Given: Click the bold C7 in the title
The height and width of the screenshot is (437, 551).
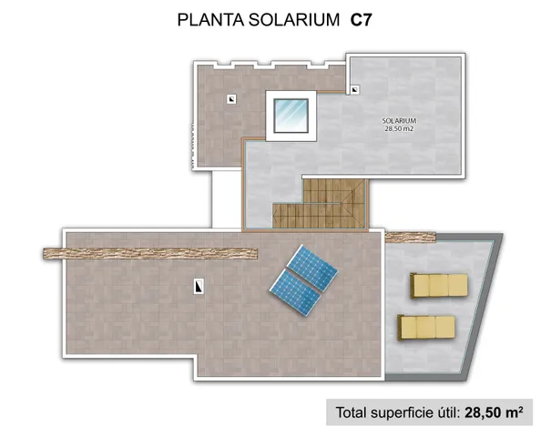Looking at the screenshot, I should coord(362,19).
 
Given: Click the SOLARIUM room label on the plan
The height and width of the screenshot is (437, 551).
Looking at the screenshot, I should coord(399,121).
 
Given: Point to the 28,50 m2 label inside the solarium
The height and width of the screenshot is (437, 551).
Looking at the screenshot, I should coord(399,129).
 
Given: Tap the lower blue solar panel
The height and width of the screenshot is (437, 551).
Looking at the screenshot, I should coord(294,289).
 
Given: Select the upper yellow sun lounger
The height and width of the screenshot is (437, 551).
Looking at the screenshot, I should coord(439,285).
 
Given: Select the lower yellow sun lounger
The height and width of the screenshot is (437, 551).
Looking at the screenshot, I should coord(426,325).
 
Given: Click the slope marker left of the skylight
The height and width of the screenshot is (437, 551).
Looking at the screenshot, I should coord(234,98).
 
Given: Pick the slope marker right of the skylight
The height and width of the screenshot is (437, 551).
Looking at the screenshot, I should coord(353,89).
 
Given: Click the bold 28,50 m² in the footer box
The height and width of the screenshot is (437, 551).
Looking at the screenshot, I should coord(492,412).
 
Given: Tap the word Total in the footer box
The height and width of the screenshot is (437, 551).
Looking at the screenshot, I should coord(356,412).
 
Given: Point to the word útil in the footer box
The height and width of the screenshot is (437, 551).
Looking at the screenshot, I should coord(448,412).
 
